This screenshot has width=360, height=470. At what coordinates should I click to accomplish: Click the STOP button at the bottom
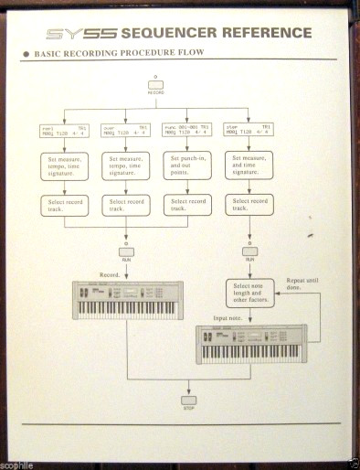(x=190, y=400)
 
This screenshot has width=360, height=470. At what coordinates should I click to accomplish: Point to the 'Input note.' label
(x=228, y=319)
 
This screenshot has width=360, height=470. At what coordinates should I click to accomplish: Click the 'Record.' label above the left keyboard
(x=109, y=273)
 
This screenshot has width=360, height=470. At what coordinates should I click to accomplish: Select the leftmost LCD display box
(x=63, y=131)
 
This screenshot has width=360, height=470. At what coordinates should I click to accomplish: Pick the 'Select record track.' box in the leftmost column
(x=63, y=206)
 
